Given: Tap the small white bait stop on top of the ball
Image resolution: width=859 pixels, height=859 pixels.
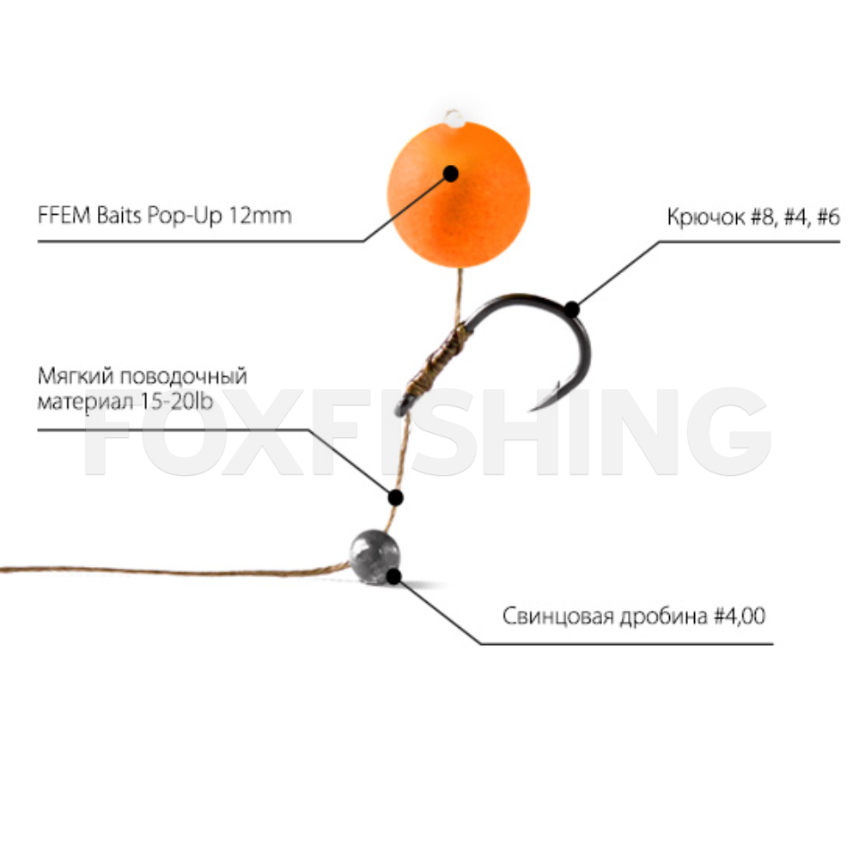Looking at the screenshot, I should (454, 116).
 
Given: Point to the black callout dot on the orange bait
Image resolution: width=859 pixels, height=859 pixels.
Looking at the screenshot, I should (451, 173).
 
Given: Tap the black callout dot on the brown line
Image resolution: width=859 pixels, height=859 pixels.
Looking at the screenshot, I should (396, 497).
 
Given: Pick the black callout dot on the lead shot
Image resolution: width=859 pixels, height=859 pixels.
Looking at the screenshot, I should (394, 576).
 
